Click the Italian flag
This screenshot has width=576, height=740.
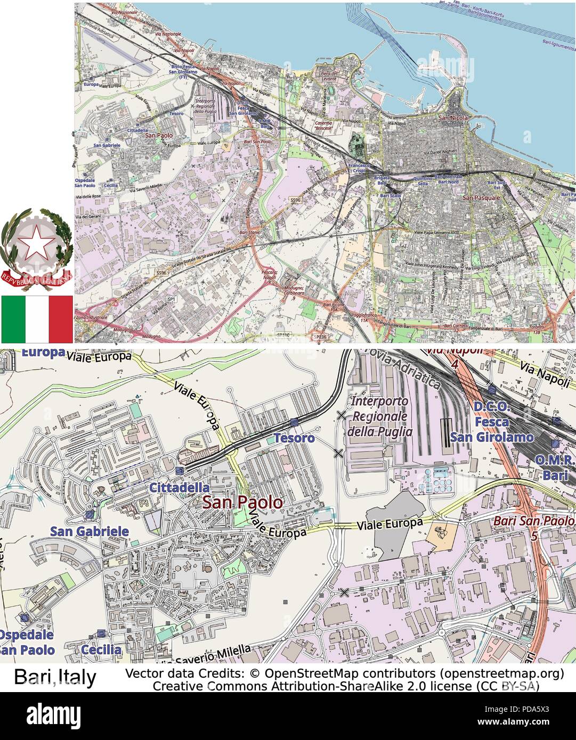(37, 319)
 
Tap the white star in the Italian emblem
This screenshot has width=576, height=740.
(37, 244)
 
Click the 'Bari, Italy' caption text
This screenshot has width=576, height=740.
(55, 677)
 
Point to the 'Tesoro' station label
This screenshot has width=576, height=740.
(294, 438)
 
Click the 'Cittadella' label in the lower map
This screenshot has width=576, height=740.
(179, 487)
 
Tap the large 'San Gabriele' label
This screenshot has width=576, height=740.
(90, 531)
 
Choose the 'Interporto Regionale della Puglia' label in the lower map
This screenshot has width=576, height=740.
(379, 416)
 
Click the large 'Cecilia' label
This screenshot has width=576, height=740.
(101, 649)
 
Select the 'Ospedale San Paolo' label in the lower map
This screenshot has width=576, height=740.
(27, 642)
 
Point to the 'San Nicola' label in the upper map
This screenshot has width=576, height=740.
(453, 118)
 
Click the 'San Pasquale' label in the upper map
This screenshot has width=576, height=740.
(481, 198)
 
